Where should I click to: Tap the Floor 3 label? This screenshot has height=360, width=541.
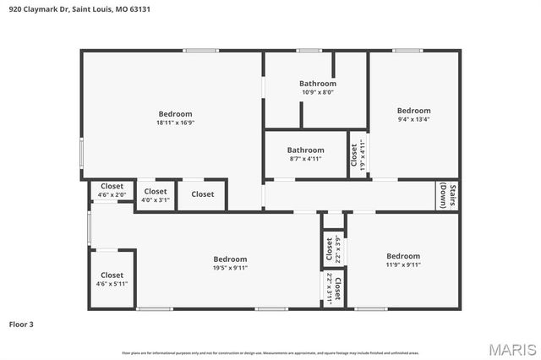tap(21, 324)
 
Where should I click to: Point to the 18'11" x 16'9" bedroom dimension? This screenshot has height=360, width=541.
tap(175, 123)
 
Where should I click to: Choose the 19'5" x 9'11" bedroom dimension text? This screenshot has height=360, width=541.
tap(230, 268)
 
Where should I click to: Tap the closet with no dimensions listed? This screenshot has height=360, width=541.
tap(202, 194)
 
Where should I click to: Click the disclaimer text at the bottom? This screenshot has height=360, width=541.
tap(270, 352)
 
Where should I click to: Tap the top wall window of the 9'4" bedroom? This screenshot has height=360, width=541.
tap(407, 51)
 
